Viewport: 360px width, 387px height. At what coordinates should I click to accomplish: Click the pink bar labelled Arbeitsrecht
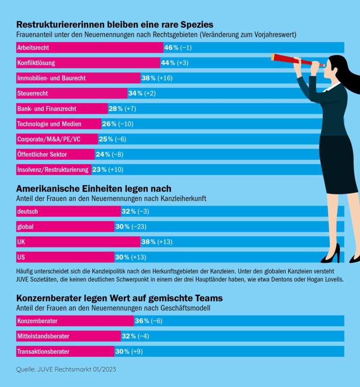[90, 48]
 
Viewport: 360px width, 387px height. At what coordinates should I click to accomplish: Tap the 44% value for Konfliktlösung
[168, 63]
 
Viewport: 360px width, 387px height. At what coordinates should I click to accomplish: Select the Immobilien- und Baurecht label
[51, 78]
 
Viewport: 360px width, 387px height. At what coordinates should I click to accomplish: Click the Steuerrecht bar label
[33, 93]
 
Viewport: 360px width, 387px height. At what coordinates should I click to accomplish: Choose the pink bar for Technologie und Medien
[58, 124]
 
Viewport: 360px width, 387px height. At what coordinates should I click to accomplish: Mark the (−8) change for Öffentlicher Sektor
[120, 154]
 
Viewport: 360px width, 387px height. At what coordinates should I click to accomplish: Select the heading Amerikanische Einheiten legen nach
[94, 189]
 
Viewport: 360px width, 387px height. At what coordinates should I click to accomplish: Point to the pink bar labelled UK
[78, 242]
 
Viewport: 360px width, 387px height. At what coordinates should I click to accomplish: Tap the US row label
[21, 257]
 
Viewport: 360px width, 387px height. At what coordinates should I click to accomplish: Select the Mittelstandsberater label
[43, 336]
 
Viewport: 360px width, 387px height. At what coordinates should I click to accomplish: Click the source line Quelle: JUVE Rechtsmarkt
[66, 369]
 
